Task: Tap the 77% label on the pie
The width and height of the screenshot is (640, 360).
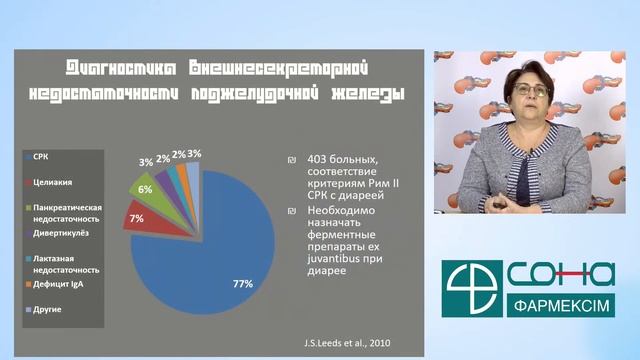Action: pyautogui.click(x=242, y=285)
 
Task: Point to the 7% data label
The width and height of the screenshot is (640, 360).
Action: pyautogui.click(x=136, y=218)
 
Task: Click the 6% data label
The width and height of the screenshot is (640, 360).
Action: pyautogui.click(x=145, y=188)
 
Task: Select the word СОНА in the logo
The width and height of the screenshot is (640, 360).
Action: pyautogui.click(x=560, y=272)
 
